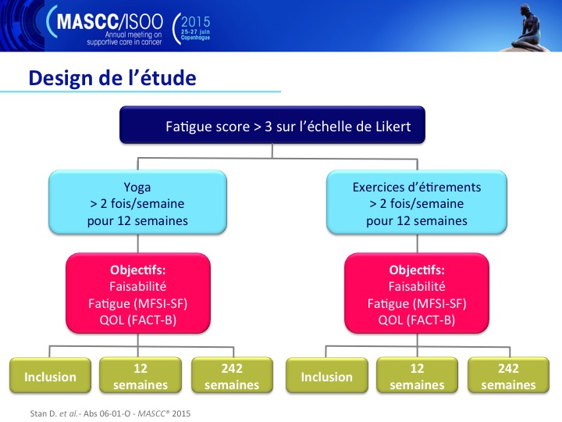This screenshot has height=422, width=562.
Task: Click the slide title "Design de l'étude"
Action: tap(112, 78)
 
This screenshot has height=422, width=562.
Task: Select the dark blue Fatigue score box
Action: tap(272, 125)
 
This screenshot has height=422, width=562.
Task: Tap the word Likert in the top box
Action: tap(393, 127)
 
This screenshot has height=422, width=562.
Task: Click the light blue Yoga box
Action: tap(137, 202)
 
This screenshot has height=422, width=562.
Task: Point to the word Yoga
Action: tap(137, 188)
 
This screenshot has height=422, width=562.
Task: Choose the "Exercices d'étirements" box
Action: tap(417, 202)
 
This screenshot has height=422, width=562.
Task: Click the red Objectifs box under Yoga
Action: tap(138, 293)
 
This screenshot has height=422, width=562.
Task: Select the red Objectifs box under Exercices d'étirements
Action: tap(417, 293)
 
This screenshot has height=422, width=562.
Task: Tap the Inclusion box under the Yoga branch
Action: tap(50, 375)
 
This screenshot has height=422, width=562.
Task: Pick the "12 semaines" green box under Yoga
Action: tap(140, 375)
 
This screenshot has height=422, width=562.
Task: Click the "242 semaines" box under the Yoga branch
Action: tap(232, 375)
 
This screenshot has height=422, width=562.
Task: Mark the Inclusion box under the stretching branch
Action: tap(327, 375)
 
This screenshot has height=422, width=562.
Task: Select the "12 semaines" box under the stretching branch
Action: tap(417, 375)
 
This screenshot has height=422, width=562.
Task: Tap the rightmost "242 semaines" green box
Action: tap(509, 375)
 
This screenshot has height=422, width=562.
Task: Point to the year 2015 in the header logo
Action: tap(195, 22)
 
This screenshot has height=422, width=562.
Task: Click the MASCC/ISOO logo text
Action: tap(110, 22)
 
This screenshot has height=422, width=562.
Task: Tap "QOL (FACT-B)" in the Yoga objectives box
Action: tap(138, 320)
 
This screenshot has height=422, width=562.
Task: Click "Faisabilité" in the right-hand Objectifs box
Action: tap(417, 286)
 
